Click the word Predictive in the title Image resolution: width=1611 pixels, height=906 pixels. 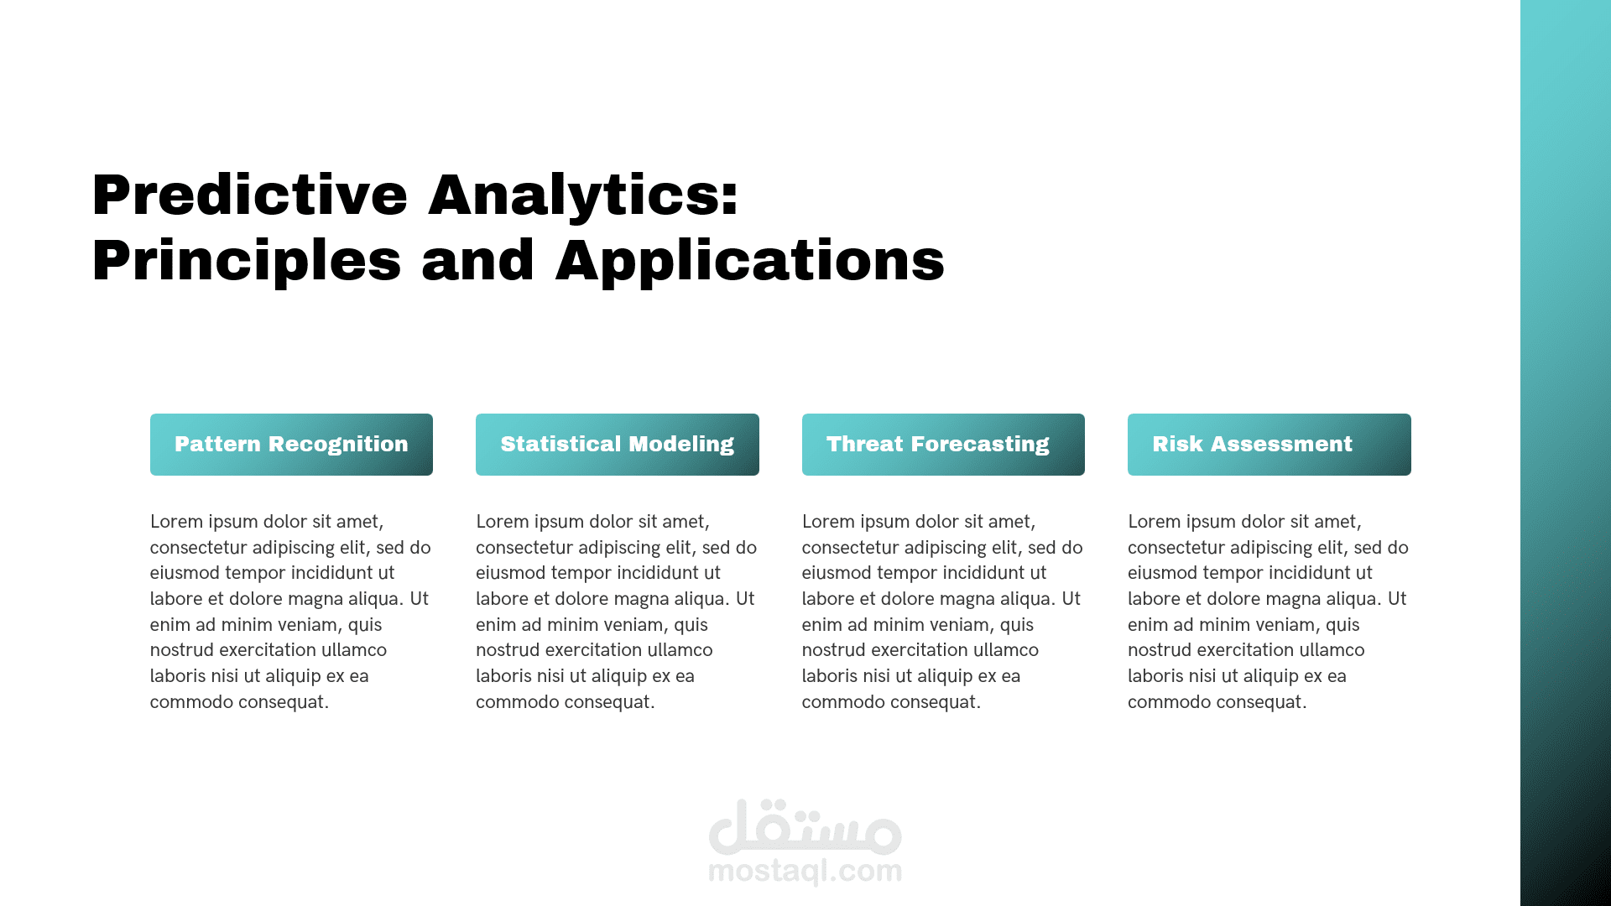pos(250,195)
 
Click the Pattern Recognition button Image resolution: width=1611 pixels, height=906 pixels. pos(291,445)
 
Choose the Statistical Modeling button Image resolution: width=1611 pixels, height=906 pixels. pos(618,445)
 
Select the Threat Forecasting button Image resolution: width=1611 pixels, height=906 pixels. pos(943,445)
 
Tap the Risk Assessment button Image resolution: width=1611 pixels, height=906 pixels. pos(1270,445)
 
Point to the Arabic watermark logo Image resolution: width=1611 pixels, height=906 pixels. pos(805,825)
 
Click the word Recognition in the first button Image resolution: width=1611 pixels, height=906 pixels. pos(338,445)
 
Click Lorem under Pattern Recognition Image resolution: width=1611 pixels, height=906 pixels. pos(176,522)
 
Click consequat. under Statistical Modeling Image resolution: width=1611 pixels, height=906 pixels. pos(608,702)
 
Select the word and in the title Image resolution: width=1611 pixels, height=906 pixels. pos(478,260)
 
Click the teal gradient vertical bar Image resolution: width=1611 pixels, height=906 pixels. pos(1566,453)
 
